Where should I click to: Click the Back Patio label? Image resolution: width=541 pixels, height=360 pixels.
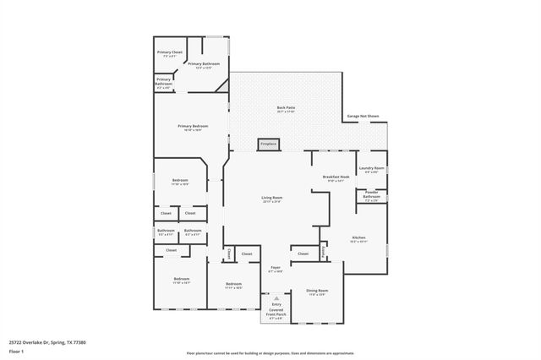[286, 109]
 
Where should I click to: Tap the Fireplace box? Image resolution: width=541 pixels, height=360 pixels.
[269, 145]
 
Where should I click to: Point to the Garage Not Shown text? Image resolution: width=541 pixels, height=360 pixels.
[363, 116]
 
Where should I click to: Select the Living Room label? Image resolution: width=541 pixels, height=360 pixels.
[270, 199]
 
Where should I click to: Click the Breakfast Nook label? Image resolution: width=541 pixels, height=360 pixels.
[336, 177]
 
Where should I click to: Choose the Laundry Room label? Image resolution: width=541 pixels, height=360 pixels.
[373, 170]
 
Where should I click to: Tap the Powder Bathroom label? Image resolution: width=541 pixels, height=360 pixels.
[371, 197]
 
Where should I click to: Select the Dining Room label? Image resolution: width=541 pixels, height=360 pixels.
[317, 292]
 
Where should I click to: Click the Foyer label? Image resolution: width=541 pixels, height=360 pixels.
[276, 270]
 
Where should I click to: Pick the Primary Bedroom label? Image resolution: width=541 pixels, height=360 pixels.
[193, 128]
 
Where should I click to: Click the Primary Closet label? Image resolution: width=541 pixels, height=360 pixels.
[170, 54]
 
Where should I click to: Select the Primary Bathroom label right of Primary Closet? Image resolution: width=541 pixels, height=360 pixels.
[204, 65]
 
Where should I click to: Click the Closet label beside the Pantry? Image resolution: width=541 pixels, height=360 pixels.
[303, 253]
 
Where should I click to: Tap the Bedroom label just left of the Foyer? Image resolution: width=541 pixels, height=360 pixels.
[233, 286]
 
